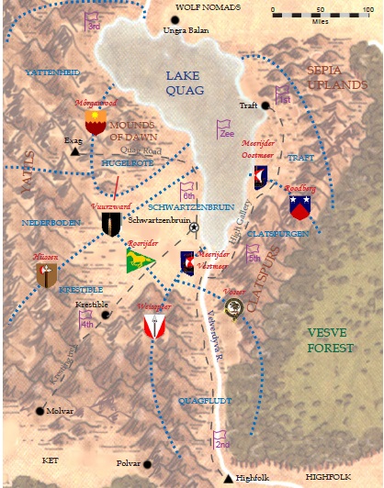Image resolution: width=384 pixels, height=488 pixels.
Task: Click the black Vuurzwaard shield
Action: coord(111,223)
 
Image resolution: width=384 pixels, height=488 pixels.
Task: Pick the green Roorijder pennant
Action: coord(140,262)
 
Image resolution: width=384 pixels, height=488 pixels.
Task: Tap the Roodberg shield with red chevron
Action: coord(299,206)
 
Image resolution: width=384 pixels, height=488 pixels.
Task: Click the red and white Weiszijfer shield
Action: coord(153,325)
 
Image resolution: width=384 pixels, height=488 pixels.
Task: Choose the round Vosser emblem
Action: coord(235,309)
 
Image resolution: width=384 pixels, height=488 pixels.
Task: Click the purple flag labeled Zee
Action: coord(224,129)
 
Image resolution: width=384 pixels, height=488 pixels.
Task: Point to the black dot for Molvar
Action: coord(40,411)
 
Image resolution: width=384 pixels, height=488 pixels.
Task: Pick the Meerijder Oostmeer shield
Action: coord(261,176)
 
